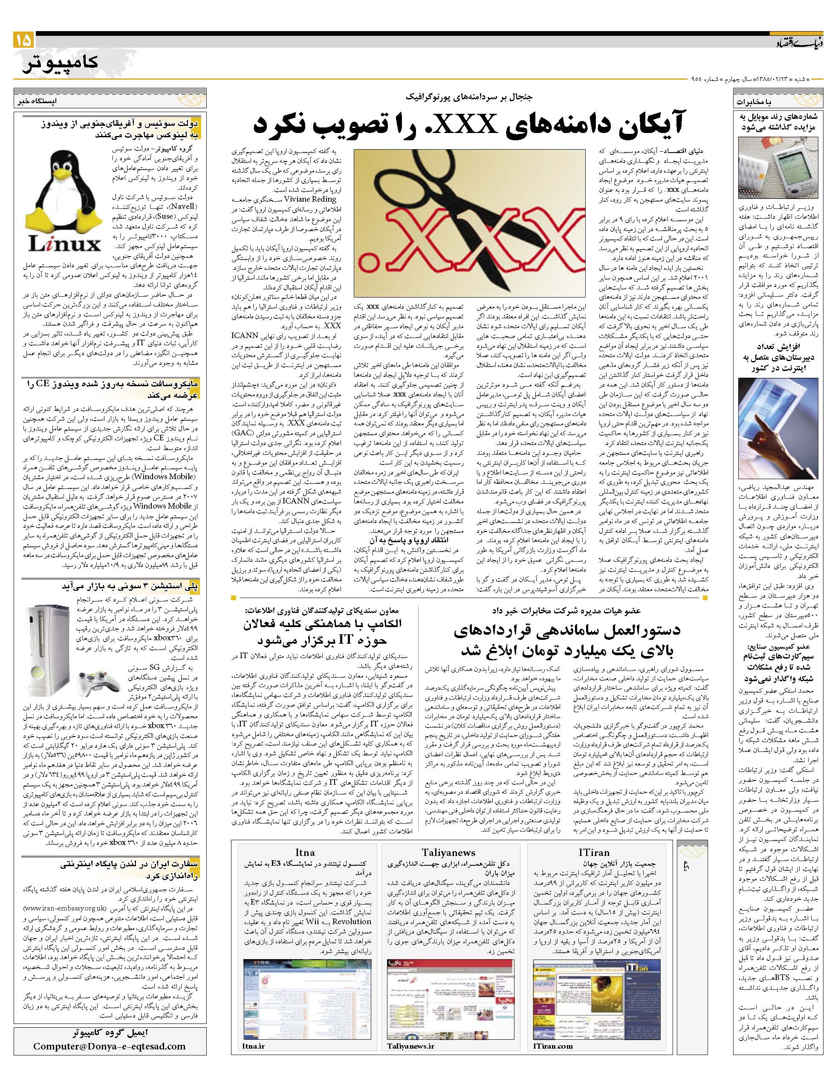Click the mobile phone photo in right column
[778, 168]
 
